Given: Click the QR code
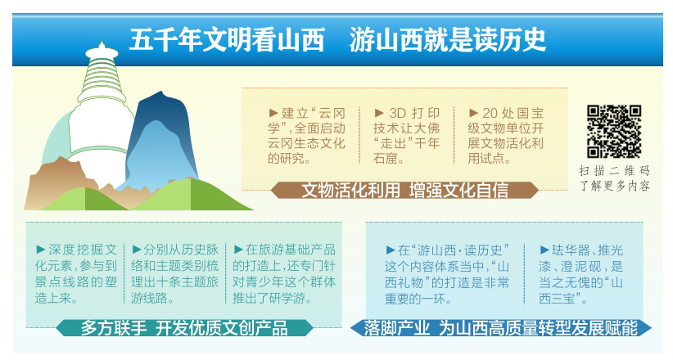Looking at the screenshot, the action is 614,131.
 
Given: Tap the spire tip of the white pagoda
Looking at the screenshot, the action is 102,41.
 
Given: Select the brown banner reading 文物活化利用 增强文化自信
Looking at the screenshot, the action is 404,190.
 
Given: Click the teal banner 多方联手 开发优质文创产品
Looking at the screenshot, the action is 184,328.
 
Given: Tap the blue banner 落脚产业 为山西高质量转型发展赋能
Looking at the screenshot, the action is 501,328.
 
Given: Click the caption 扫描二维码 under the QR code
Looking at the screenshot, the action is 614,171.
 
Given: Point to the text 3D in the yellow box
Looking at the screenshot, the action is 397,113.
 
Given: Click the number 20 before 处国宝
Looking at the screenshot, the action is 490,113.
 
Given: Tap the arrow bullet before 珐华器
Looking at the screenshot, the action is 544,250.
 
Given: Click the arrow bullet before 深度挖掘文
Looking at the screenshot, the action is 41,250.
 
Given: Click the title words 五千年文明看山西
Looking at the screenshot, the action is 227,40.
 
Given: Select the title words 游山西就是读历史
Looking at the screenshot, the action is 447,40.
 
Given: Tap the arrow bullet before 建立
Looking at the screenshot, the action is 273,113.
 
